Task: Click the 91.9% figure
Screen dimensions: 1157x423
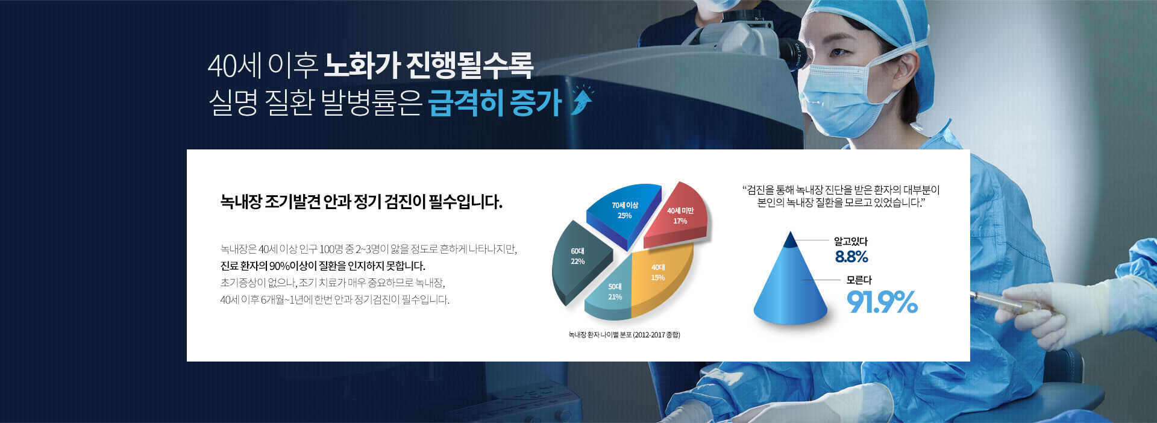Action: coord(882,302)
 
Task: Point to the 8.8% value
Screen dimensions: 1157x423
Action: coord(851,257)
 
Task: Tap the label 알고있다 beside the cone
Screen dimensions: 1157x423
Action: coord(851,241)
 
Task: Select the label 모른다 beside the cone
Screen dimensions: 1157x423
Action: coord(859,280)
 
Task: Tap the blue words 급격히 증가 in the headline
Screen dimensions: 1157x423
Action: coord(495,102)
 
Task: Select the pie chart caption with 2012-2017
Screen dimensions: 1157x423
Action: coord(624,334)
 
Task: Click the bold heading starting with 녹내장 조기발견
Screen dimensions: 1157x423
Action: coord(362,202)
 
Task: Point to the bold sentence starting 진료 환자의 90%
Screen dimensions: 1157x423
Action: coord(323,266)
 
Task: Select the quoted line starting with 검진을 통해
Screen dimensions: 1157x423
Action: coord(841,190)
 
